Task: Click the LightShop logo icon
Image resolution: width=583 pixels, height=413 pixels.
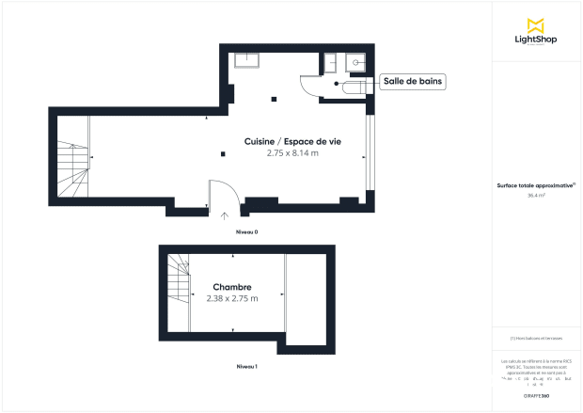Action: click(535, 24)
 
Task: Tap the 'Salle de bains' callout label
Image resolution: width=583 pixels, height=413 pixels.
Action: click(413, 82)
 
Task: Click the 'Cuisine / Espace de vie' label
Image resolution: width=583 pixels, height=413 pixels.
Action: click(292, 140)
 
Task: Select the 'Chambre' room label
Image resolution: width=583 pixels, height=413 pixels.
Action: click(231, 287)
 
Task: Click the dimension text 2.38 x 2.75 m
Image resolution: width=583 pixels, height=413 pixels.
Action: click(231, 298)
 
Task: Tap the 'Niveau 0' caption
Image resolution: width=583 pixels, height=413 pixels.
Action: click(246, 230)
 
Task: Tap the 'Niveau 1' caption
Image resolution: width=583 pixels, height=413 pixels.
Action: click(246, 366)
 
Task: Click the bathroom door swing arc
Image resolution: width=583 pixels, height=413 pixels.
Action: click(309, 85)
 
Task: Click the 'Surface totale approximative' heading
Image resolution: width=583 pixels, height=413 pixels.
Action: click(535, 186)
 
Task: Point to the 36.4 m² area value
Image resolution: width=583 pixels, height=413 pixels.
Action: click(535, 196)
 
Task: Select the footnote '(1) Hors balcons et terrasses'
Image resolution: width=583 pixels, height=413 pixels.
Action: click(535, 338)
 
